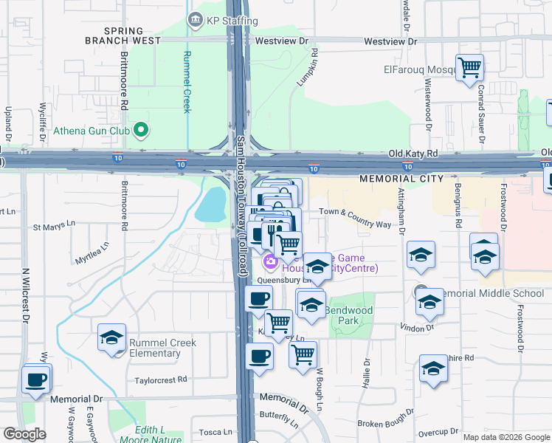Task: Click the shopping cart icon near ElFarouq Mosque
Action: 469,69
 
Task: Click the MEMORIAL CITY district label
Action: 401,179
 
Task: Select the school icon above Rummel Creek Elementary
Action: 111,337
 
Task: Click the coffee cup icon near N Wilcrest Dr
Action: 36,380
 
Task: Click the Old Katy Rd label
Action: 413,154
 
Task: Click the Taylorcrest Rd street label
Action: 161,380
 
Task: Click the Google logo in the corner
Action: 25,434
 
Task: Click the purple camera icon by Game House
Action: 270,261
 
